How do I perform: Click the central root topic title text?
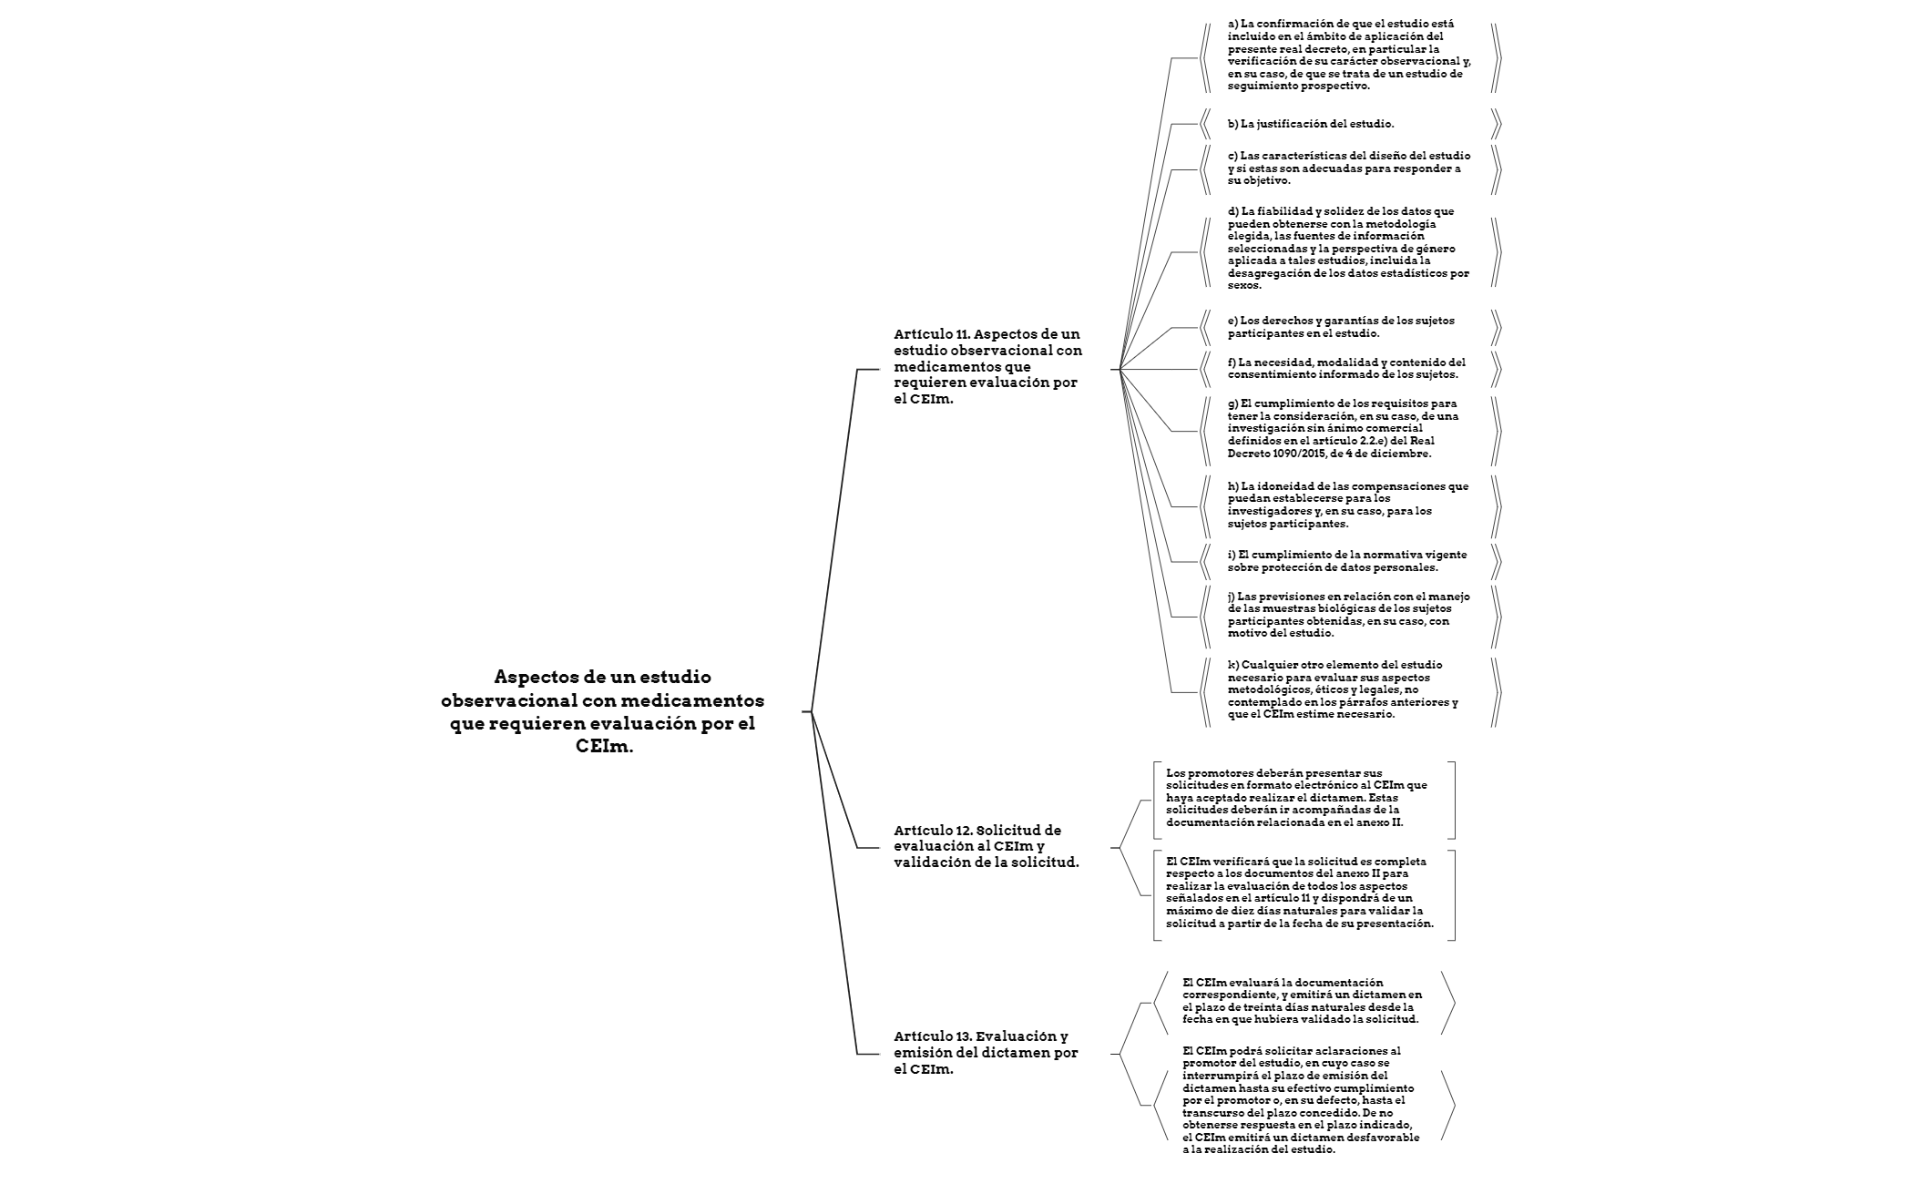coord(602,711)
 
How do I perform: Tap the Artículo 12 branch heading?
coord(986,846)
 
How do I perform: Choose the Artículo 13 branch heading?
coord(986,1053)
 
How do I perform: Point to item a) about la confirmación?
coord(1348,55)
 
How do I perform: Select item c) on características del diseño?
coord(1348,168)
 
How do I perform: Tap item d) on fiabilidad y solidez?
coord(1348,248)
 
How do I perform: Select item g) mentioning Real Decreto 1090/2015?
coord(1344,428)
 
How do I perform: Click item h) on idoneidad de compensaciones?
coord(1348,505)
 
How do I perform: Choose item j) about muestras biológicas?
coord(1348,615)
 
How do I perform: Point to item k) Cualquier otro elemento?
coord(1343,689)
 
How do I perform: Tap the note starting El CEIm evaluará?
coord(1303,1001)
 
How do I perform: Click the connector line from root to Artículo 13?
coord(834,883)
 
